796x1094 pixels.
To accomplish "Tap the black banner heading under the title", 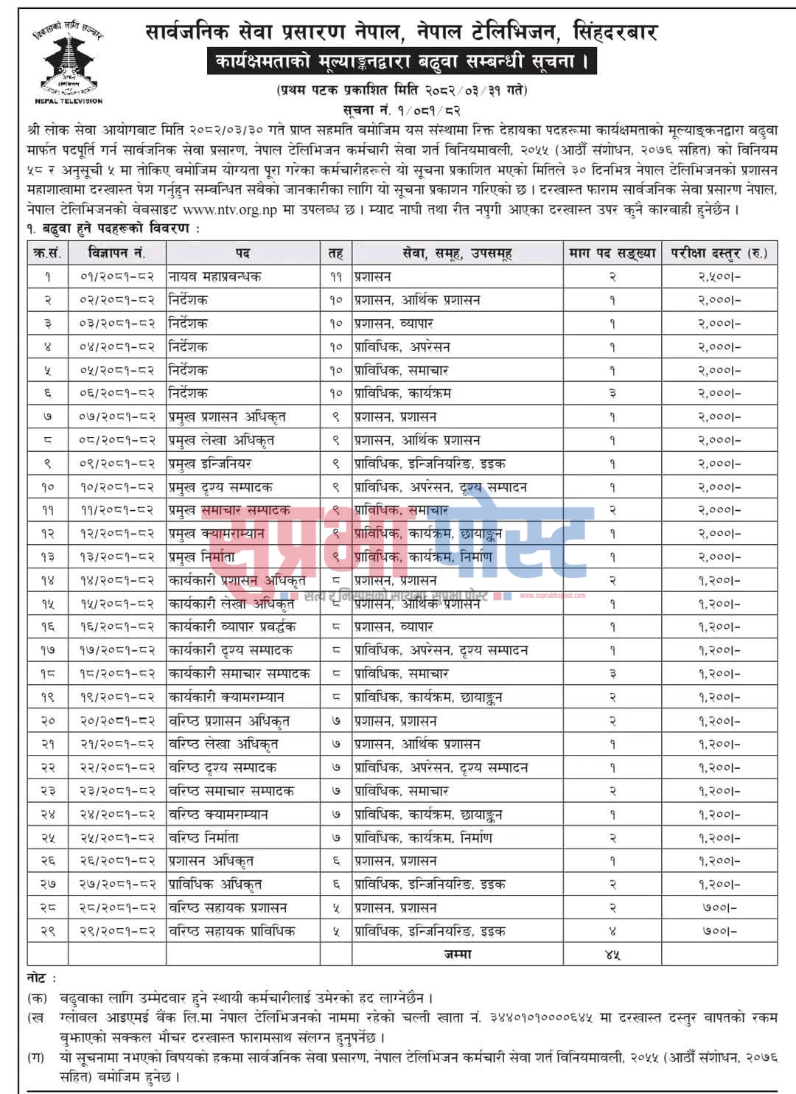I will coord(402,61).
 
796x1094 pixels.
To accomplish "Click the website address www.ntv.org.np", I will coord(230,210).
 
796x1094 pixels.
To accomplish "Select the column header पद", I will coord(242,253).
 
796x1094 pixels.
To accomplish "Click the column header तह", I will coord(335,253).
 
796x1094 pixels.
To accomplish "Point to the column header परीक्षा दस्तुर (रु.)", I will coord(719,253).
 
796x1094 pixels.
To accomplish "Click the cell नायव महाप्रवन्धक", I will coord(215,276).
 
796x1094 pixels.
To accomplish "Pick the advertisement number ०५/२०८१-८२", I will coord(117,370).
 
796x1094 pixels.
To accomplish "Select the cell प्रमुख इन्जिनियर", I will coord(210,464).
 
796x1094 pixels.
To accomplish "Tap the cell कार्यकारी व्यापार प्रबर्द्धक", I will coord(232,627).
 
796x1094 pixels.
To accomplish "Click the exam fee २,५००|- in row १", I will coord(719,276).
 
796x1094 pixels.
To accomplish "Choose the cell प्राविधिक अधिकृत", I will coord(215,884).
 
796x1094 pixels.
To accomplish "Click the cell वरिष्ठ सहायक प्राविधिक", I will coord(232,931).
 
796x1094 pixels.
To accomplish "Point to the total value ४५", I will coord(612,954).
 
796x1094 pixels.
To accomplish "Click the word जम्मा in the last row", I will coord(457,954).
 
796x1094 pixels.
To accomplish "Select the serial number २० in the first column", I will coord(48,720).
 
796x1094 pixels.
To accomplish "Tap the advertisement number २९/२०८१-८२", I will coord(117,931).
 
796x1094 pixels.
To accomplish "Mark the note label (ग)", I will coord(36,1057).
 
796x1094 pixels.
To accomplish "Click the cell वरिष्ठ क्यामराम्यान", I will coord(219,815).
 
